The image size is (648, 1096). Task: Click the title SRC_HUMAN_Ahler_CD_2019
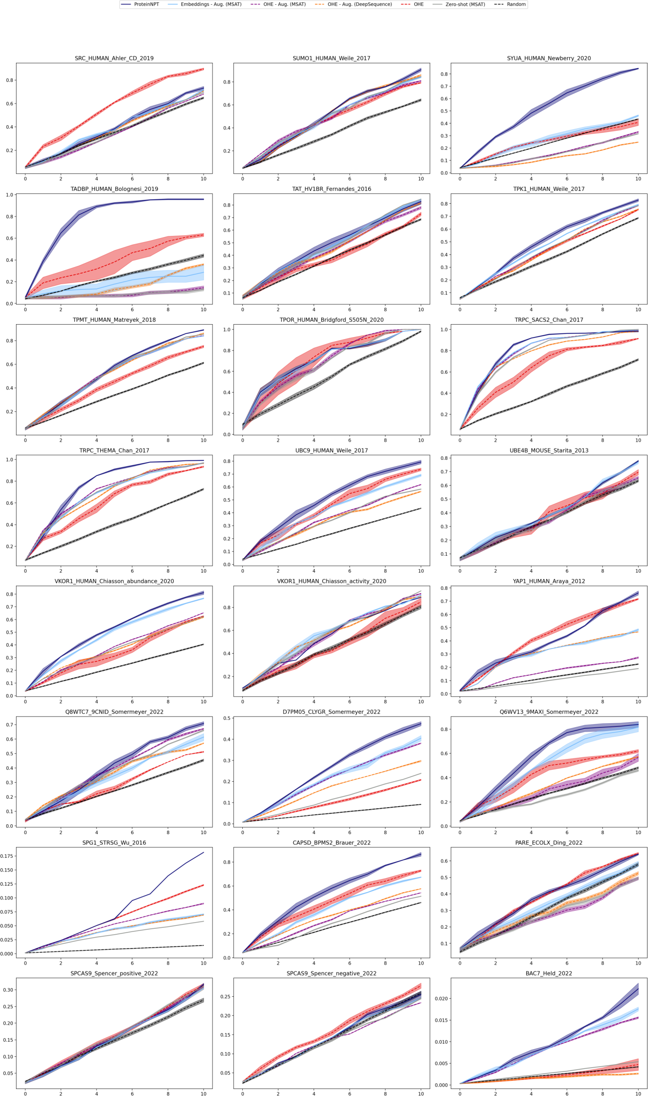114,58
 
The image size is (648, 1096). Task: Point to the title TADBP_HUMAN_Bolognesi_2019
114,189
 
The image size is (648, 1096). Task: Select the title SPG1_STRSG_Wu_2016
114,843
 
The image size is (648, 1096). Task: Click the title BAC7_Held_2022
548,974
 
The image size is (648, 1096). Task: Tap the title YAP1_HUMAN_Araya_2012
548,581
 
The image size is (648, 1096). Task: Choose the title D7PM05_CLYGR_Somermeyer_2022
331,712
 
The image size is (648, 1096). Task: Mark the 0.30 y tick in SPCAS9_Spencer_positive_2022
8,990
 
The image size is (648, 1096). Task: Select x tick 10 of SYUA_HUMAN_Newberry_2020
638,179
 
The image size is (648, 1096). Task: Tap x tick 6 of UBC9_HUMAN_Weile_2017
350,571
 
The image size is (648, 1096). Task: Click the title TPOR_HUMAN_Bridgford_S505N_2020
331,320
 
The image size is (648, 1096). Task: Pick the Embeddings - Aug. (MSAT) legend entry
211,4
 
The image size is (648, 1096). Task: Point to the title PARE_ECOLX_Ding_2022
548,843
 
